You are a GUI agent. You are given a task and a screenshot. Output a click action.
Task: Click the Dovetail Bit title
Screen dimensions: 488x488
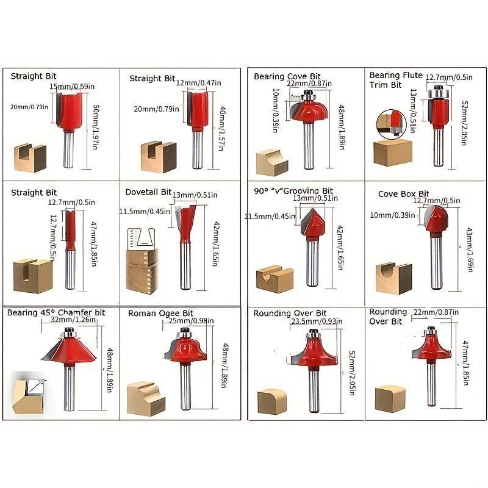(149, 192)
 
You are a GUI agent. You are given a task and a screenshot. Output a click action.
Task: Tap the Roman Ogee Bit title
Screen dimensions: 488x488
(160, 314)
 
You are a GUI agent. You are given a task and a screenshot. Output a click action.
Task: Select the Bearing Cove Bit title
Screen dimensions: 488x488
(287, 76)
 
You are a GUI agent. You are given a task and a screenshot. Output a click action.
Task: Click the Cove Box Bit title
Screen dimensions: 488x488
(404, 194)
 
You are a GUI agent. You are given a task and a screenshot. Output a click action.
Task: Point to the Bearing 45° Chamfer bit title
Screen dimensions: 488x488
(56, 312)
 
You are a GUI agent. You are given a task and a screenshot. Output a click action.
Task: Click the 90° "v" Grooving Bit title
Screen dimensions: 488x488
(293, 191)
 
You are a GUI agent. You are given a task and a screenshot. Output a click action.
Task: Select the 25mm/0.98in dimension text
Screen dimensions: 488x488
(185, 321)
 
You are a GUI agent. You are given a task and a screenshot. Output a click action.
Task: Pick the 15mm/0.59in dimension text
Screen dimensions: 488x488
(73, 86)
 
